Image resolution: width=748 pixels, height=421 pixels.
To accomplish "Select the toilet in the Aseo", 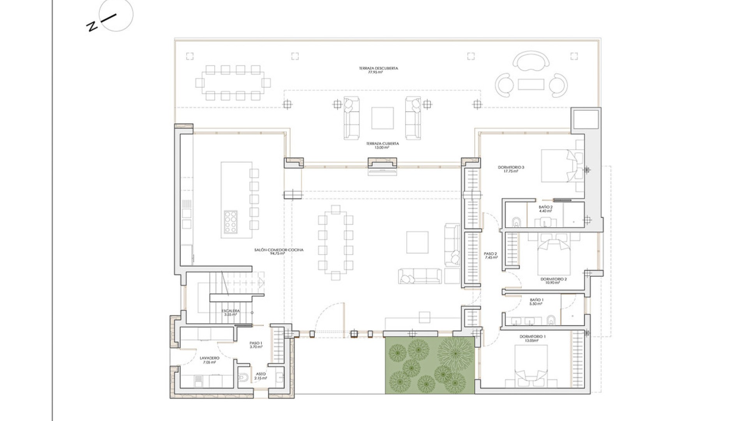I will (x=243, y=377).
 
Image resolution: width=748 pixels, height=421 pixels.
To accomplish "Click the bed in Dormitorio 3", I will (x=558, y=166).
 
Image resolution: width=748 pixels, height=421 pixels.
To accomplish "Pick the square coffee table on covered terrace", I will (x=382, y=118).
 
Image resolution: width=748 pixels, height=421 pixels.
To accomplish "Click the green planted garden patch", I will (x=430, y=365).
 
